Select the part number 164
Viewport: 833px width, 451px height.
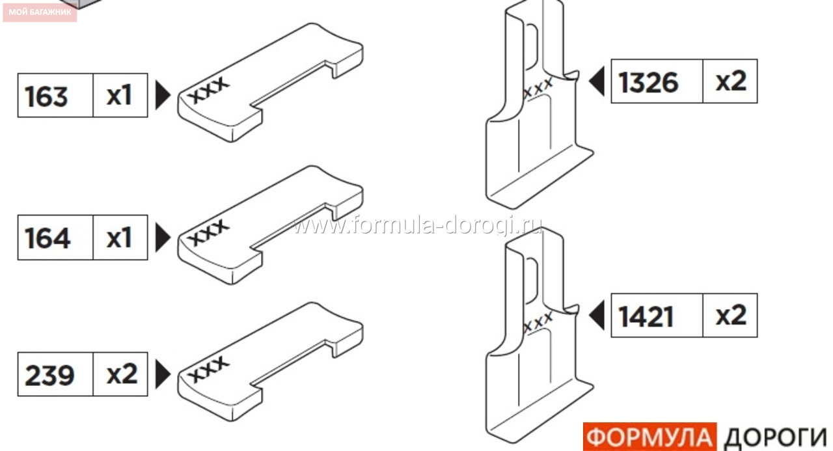[x=48, y=238]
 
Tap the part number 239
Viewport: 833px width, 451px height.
[x=49, y=375]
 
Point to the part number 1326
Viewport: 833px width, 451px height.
[x=648, y=83]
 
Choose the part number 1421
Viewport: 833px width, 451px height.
[x=646, y=316]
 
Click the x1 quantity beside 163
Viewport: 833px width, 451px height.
[x=119, y=96]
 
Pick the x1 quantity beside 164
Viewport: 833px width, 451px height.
[x=119, y=238]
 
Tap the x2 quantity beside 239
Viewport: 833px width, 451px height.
[x=122, y=374]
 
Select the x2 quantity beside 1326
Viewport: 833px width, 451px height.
[x=731, y=81]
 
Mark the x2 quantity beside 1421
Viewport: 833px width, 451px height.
[x=731, y=315]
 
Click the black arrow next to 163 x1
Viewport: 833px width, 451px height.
[x=162, y=95]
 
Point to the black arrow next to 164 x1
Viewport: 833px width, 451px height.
[x=162, y=237]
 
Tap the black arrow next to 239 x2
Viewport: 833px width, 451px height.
[x=162, y=374]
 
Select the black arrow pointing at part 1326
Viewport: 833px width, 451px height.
[x=597, y=81]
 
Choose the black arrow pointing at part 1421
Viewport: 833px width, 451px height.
[x=597, y=315]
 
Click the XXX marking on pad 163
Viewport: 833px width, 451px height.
[x=208, y=90]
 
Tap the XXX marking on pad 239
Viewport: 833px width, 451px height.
[x=208, y=369]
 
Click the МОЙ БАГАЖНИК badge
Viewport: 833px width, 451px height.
[x=40, y=12]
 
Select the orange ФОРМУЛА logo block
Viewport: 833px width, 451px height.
[x=649, y=437]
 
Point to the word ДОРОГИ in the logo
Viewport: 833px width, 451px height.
[x=776, y=438]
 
